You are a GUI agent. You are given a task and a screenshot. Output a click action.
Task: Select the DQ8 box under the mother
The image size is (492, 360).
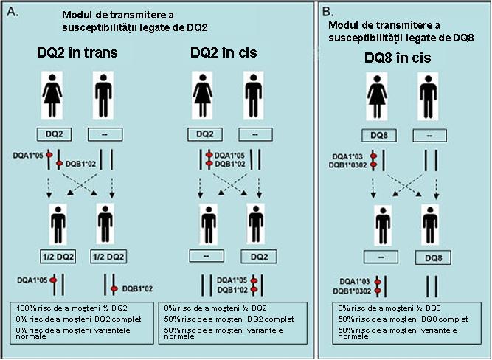pyautogui.click(x=378, y=136)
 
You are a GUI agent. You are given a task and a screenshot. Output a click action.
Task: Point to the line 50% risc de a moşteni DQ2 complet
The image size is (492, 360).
pyautogui.click(x=215, y=317)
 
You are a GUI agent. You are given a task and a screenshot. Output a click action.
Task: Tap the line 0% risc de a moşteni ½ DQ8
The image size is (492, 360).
pyautogui.click(x=378, y=306)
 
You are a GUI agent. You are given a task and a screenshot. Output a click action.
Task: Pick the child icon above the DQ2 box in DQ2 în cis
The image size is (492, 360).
pyautogui.click(x=254, y=219)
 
